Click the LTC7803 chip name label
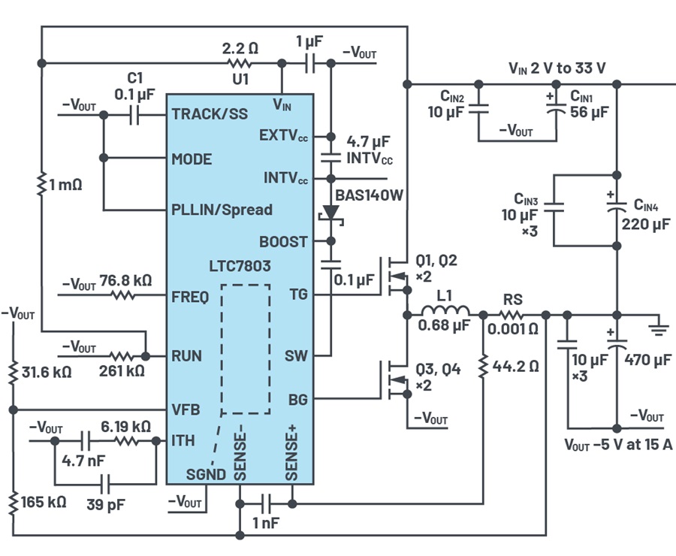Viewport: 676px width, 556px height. pyautogui.click(x=240, y=266)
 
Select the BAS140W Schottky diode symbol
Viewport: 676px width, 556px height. pyautogui.click(x=331, y=215)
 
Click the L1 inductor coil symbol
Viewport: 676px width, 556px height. pyautogui.click(x=445, y=310)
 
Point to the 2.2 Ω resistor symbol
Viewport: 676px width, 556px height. pyautogui.click(x=240, y=63)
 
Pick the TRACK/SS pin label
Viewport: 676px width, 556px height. pyautogui.click(x=210, y=114)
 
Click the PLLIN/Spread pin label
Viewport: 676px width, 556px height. pyautogui.click(x=222, y=210)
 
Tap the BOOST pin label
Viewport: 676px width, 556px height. pyautogui.click(x=283, y=241)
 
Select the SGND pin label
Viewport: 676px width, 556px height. pyautogui.click(x=206, y=474)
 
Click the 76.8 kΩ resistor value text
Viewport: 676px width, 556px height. pyautogui.click(x=126, y=280)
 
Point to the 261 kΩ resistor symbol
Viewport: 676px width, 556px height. pyautogui.click(x=121, y=356)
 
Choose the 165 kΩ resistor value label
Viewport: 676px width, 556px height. pyautogui.click(x=44, y=502)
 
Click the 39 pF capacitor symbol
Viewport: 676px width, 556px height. pyautogui.click(x=105, y=484)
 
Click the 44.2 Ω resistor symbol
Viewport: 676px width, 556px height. pyautogui.click(x=483, y=366)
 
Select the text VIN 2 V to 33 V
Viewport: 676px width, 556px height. pyautogui.click(x=557, y=68)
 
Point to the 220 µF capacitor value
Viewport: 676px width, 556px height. pyautogui.click(x=646, y=225)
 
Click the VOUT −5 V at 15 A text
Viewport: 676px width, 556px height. pyautogui.click(x=618, y=445)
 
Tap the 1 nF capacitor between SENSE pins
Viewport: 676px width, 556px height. pyautogui.click(x=267, y=503)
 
